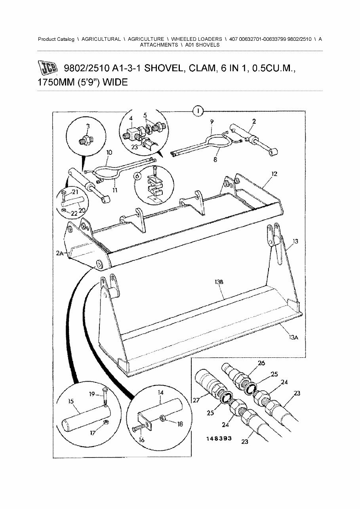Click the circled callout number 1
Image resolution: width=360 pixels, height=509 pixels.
[x=198, y=111]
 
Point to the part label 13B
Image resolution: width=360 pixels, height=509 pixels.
[x=219, y=282]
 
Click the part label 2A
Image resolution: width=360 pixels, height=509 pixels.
[x=60, y=253]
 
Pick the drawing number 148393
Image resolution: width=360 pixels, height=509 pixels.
[x=219, y=439]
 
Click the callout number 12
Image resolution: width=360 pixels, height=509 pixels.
[x=274, y=173]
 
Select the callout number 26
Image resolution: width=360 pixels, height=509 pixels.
[x=261, y=363]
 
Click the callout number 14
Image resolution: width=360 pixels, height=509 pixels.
[x=161, y=392]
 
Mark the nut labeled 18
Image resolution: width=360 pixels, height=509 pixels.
[x=163, y=418]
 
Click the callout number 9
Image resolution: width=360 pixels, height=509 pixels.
[x=211, y=121]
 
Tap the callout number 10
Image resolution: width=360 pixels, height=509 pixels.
[x=109, y=152]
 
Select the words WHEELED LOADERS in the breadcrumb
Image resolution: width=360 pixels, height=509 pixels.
[x=196, y=39]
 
